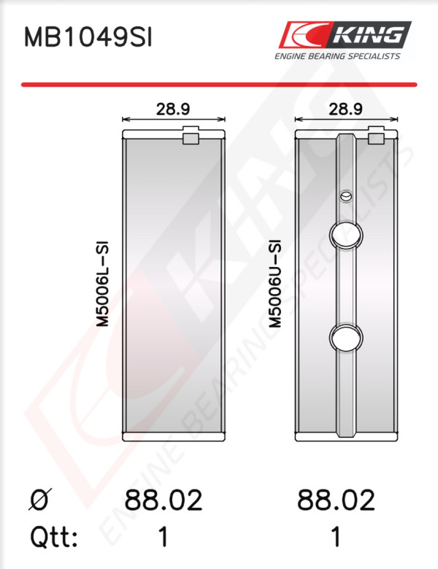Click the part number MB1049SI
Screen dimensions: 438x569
click(x=88, y=38)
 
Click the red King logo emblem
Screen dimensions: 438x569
click(x=304, y=35)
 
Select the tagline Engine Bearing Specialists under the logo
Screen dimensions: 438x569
click(x=337, y=56)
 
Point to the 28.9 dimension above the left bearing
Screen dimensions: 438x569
click(x=173, y=109)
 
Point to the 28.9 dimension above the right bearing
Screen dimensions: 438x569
click(x=345, y=109)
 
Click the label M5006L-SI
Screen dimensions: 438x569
click(x=103, y=284)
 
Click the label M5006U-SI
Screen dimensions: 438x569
click(x=275, y=284)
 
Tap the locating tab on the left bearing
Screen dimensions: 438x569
click(x=191, y=136)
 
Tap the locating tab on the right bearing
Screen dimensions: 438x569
click(x=376, y=136)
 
